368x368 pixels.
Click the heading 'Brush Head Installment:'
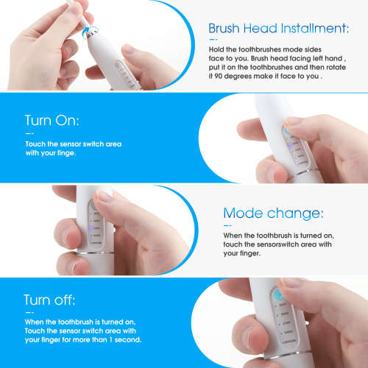pyautogui.click(x=278, y=28)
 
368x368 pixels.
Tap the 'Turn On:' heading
pyautogui.click(x=52, y=121)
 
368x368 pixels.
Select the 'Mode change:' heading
pyautogui.click(x=272, y=213)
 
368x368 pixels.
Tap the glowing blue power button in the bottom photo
pyautogui.click(x=282, y=296)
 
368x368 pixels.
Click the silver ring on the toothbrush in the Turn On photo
pyautogui.click(x=303, y=175)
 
